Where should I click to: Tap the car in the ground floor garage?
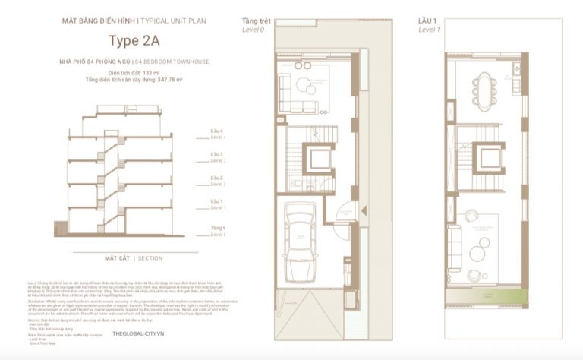click(301, 241)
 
